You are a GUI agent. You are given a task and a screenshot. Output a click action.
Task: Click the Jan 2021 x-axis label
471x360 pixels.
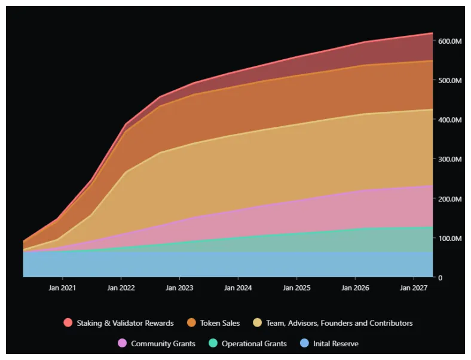(62, 288)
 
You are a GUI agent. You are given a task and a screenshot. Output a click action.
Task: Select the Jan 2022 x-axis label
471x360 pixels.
(121, 288)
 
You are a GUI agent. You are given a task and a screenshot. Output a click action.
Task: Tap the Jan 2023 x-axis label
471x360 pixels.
(179, 288)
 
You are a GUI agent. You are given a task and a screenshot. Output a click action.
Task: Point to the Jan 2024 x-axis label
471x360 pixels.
(238, 288)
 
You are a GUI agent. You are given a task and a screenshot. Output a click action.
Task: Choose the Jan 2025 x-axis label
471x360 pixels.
(296, 288)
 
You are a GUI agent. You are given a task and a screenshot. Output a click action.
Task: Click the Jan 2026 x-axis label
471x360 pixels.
(355, 288)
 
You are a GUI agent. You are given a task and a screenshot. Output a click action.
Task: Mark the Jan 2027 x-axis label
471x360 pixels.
(414, 288)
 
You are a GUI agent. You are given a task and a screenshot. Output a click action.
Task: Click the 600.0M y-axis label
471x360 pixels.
(449, 41)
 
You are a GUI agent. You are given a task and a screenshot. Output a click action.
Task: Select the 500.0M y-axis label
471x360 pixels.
(449, 81)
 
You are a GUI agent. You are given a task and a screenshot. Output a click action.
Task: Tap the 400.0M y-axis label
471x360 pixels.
(449, 120)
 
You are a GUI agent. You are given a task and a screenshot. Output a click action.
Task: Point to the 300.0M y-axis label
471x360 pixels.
(449, 160)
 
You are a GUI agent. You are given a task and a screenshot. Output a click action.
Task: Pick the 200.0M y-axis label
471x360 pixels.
(449, 199)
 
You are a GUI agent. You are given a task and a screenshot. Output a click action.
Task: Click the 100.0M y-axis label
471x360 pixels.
(449, 239)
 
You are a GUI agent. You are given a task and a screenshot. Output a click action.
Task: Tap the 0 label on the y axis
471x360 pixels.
(441, 278)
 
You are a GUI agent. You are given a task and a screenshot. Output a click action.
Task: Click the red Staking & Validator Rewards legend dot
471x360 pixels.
(68, 323)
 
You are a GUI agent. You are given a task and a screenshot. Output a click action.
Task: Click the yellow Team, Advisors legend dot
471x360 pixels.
(258, 323)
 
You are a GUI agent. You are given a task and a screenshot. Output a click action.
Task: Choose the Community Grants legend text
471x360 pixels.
(163, 344)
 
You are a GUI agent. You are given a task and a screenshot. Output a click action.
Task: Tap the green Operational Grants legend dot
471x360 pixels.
(213, 344)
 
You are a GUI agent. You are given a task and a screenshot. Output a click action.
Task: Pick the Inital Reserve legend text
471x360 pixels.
(335, 344)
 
